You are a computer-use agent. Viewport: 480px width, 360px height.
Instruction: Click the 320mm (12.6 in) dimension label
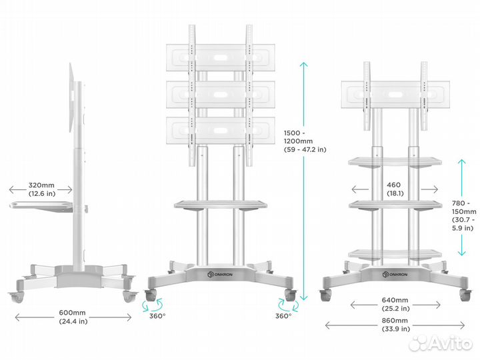pos(41,189)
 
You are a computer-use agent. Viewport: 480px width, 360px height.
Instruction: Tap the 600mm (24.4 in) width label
pos(73,317)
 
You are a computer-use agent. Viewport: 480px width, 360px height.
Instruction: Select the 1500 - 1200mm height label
pos(305,141)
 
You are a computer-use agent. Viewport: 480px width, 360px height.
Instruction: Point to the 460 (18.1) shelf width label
pos(395,189)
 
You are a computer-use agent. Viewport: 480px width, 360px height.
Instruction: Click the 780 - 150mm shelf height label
pos(464,215)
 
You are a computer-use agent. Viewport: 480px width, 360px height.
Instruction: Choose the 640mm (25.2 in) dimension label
pos(395,304)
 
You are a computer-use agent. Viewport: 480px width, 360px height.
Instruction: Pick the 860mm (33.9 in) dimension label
pos(395,325)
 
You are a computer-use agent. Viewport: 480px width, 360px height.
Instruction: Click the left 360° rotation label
pos(157,316)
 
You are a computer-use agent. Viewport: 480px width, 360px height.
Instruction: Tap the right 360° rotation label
pos(283,316)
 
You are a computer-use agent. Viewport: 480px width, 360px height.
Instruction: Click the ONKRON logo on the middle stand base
pos(220,274)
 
